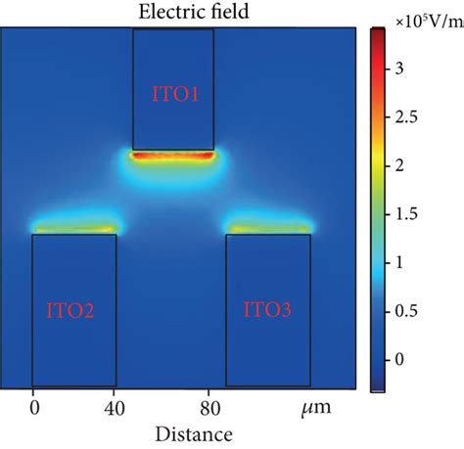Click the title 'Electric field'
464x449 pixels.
[x=172, y=12]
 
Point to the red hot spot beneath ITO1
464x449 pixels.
[x=172, y=155]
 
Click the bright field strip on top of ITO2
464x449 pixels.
[x=74, y=230]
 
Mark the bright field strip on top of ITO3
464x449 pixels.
[x=268, y=230]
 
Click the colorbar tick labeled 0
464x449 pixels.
[x=401, y=359]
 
